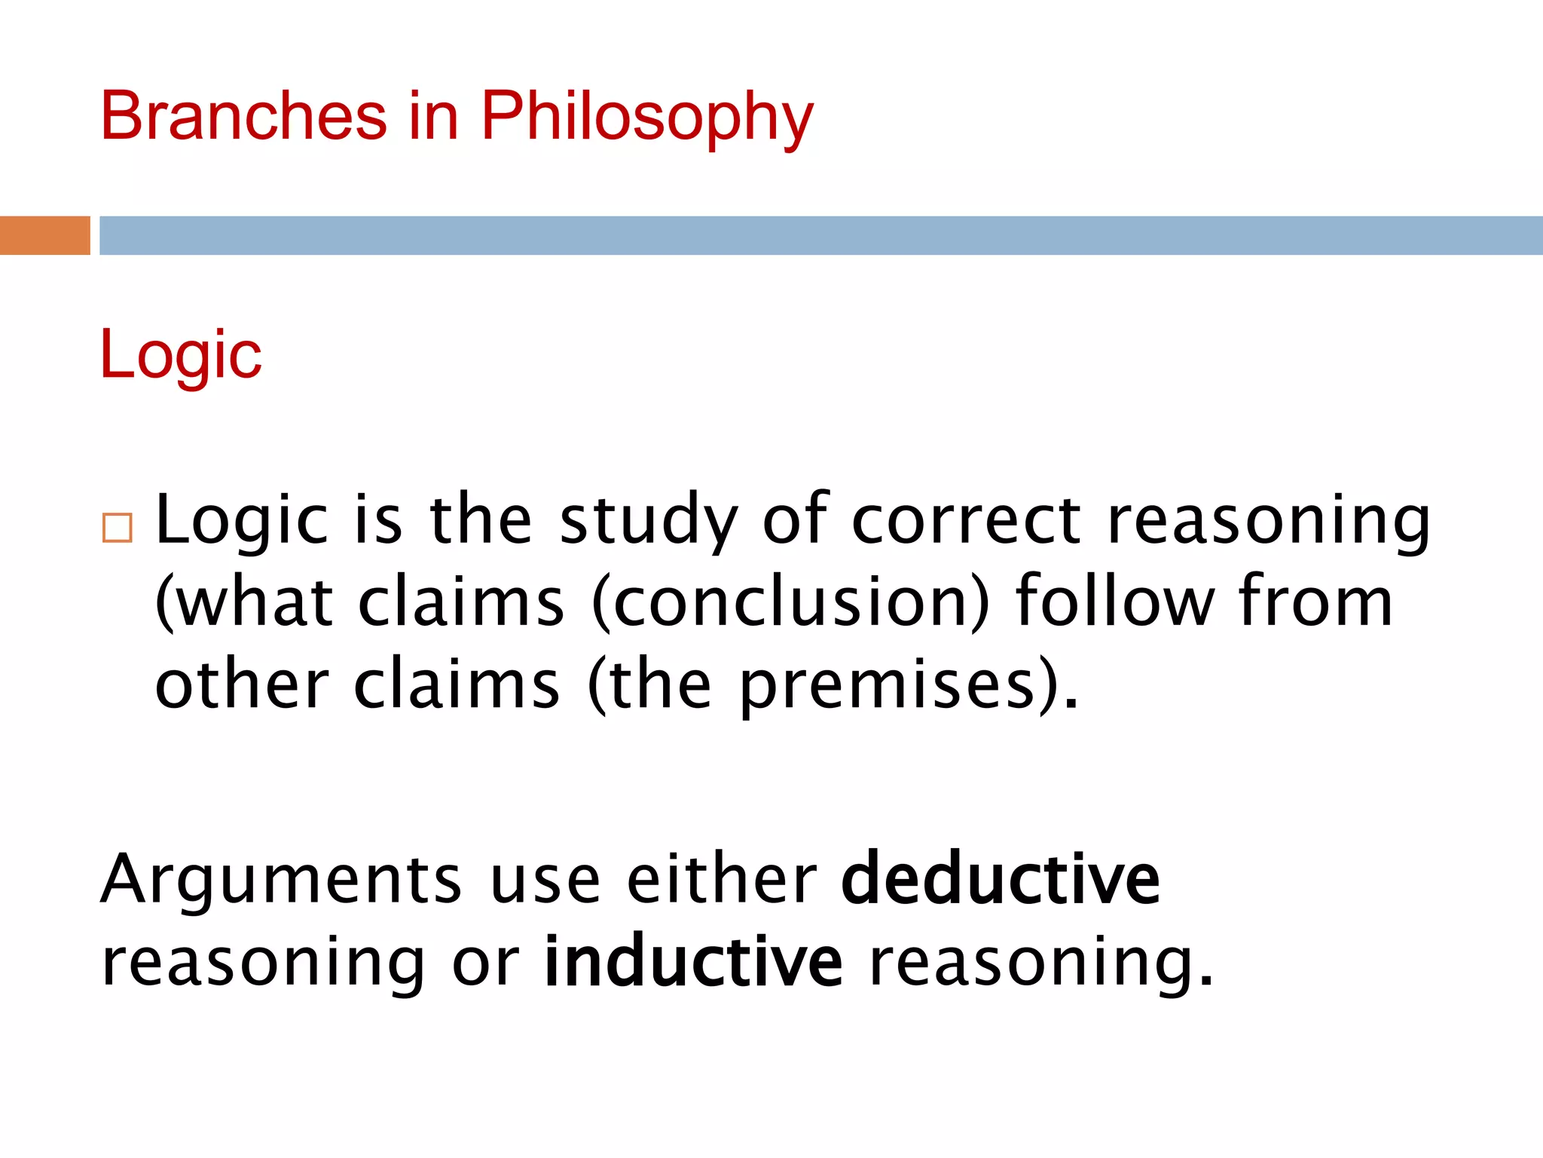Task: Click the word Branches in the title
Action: [243, 116]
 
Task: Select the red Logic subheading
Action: [181, 354]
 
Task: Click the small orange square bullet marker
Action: [118, 528]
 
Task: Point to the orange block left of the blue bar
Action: [44, 235]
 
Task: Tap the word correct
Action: [967, 520]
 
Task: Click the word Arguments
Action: [282, 881]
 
